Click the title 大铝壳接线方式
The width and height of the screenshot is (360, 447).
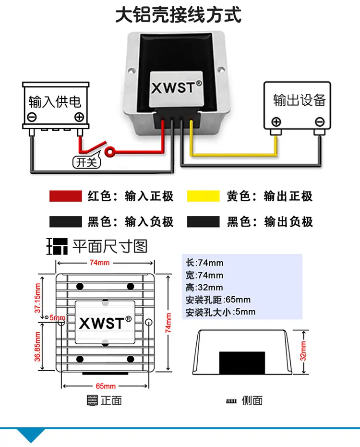tap(179, 15)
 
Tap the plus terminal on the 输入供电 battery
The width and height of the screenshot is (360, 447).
tap(79, 117)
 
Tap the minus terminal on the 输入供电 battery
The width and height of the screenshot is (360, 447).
tap(32, 117)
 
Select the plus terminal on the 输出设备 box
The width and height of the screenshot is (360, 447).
tap(276, 122)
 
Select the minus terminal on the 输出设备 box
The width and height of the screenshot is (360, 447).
tap(320, 122)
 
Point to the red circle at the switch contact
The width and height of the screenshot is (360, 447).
tap(110, 152)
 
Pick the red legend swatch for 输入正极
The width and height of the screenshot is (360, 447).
tap(66, 196)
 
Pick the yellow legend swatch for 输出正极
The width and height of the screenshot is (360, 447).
tap(203, 196)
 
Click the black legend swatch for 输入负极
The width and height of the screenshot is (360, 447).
tap(66, 221)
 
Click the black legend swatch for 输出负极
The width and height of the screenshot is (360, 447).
tap(203, 221)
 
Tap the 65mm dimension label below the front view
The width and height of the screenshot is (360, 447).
tap(106, 386)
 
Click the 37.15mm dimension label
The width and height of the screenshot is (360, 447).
tap(37, 298)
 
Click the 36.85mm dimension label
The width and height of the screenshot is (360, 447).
tap(37, 346)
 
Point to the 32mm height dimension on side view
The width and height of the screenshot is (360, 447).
tap(303, 351)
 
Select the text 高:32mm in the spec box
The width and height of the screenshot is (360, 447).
tap(204, 287)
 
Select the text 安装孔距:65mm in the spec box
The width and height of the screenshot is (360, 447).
tap(218, 300)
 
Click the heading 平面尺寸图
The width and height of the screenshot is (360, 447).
tap(110, 246)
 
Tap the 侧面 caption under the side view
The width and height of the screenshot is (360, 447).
tap(252, 400)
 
